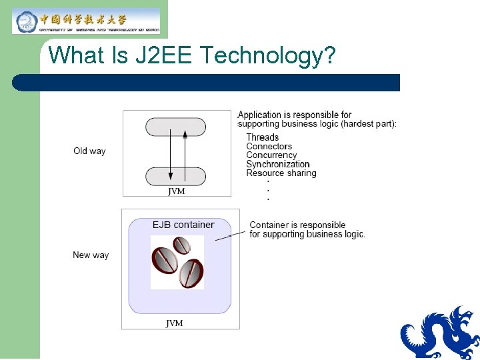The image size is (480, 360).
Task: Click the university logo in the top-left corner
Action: (86, 21)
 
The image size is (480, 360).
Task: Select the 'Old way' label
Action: (89, 151)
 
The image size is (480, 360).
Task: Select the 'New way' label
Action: (91, 255)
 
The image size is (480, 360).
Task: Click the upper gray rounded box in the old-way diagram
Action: (176, 127)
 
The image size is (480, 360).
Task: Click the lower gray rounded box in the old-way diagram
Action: (176, 176)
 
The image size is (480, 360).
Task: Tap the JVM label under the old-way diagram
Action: (177, 191)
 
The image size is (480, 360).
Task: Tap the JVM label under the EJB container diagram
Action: (175, 323)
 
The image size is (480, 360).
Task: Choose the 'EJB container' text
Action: (183, 225)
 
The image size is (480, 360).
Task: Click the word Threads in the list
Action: (263, 137)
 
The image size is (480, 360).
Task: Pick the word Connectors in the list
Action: (269, 146)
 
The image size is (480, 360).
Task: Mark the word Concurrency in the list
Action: (271, 155)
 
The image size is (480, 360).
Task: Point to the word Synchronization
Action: (278, 164)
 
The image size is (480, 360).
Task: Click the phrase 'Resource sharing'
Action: (281, 173)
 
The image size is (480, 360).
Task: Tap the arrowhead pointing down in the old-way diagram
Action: (171, 177)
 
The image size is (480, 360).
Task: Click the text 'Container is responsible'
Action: (297, 225)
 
